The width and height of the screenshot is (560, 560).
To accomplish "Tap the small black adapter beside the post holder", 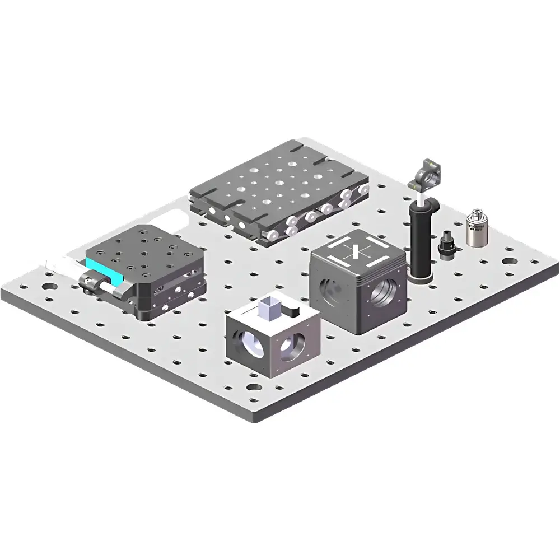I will (x=446, y=245).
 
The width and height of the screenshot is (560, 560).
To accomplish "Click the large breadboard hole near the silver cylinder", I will (x=509, y=261).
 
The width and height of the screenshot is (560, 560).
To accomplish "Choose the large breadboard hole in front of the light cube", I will (x=253, y=388).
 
